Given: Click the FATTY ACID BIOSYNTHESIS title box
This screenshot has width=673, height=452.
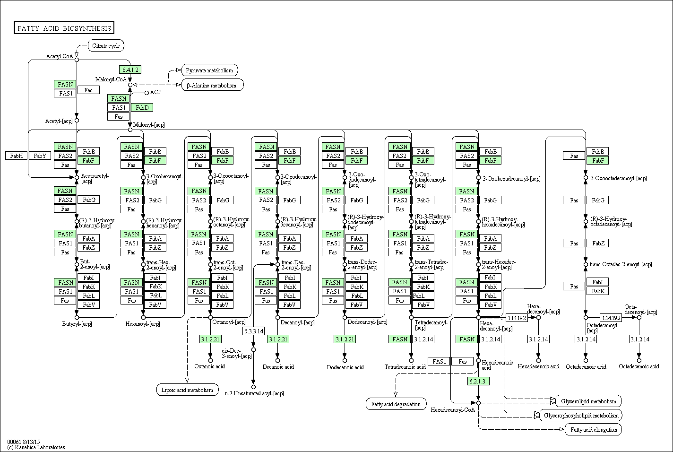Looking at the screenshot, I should (x=64, y=28).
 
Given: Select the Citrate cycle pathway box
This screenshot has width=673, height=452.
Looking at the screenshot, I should (x=106, y=46).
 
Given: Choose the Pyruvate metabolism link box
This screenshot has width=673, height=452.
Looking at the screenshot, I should (x=209, y=70).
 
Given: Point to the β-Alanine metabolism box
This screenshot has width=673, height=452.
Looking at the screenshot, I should (x=211, y=86).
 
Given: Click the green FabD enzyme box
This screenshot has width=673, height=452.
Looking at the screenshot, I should (x=142, y=108).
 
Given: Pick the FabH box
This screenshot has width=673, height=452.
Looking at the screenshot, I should (x=17, y=156).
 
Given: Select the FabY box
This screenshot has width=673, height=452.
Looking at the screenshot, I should (x=40, y=156).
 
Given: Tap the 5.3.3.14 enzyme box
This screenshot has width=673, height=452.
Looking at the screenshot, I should (x=253, y=331).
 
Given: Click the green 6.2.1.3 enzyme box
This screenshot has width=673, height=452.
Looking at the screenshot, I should (x=478, y=381).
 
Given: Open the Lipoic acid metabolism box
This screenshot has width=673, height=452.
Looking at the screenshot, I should (x=187, y=390).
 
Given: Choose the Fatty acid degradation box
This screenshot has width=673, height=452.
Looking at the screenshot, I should (x=396, y=404).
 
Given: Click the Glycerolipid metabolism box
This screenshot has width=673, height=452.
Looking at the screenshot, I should (x=588, y=401).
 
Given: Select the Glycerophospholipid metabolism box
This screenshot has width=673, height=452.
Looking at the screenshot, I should (x=581, y=416).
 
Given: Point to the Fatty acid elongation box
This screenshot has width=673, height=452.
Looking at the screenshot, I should (x=593, y=430).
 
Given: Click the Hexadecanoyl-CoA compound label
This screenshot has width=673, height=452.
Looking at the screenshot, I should (x=452, y=410).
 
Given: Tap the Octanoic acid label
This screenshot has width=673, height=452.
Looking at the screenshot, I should (x=209, y=366).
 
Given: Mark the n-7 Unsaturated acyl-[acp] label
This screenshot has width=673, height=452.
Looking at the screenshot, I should (x=254, y=393).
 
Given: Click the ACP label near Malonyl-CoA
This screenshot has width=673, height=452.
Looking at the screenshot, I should (x=155, y=92).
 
